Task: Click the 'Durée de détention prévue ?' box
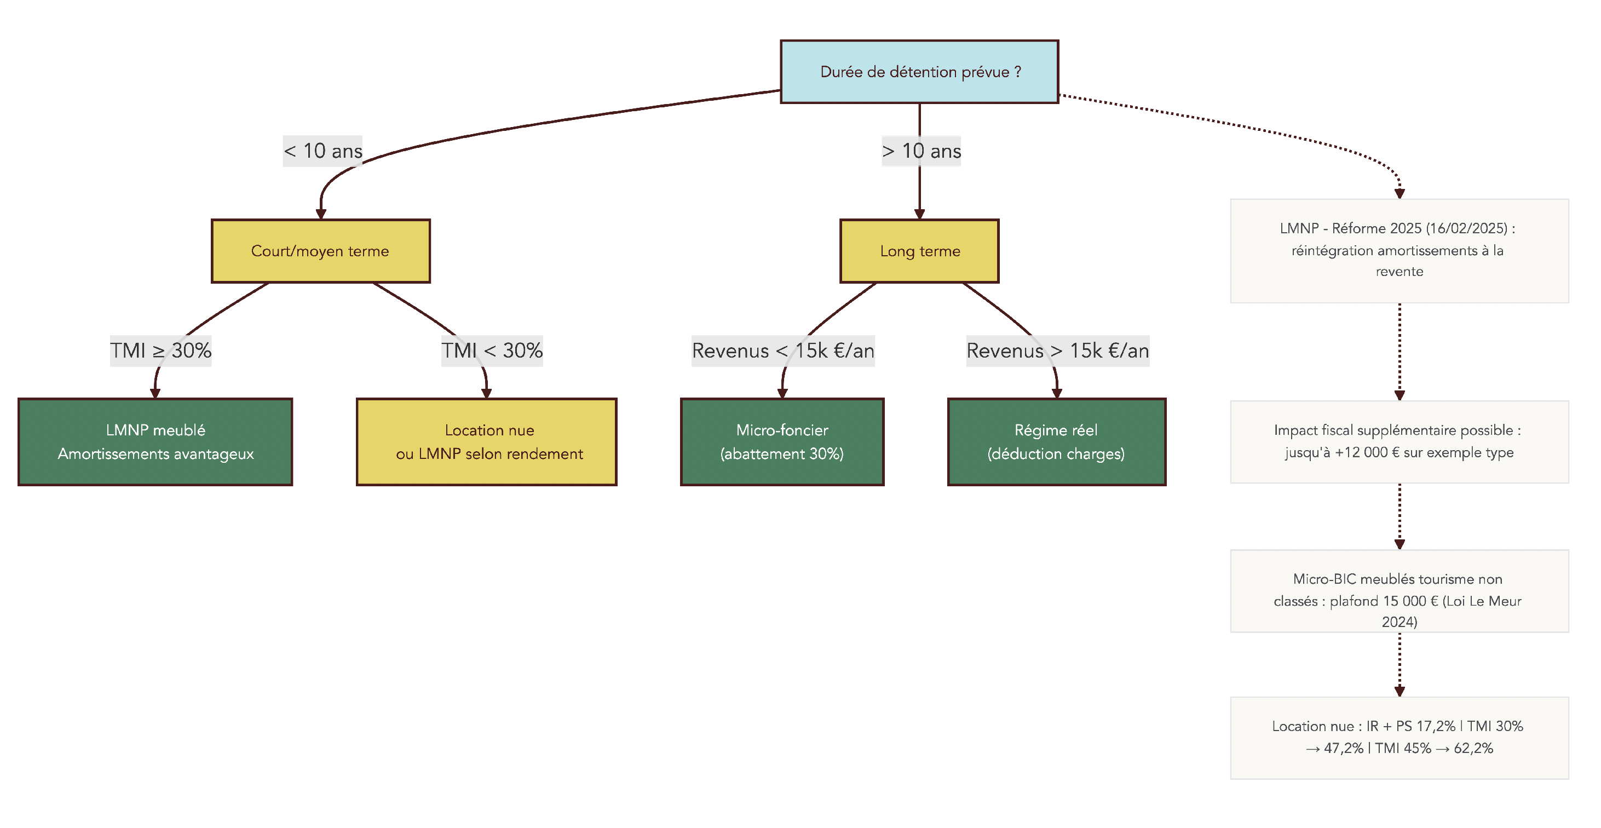tap(919, 72)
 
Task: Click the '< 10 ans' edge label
tap(322, 151)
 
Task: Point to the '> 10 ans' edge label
tap(921, 151)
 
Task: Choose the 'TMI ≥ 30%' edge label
tap(160, 350)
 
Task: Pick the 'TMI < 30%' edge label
tap(492, 350)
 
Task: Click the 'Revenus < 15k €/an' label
tap(782, 350)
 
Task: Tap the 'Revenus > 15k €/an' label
tap(1057, 350)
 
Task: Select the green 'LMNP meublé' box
tap(156, 441)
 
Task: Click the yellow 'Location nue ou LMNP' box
tap(487, 441)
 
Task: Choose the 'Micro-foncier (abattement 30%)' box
tap(782, 441)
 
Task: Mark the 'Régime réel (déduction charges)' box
tap(1057, 441)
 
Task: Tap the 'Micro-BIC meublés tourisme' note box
tap(1399, 590)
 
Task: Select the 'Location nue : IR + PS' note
tap(1399, 737)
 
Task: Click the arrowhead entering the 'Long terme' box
tap(919, 214)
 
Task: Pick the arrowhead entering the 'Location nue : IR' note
tap(1400, 691)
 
